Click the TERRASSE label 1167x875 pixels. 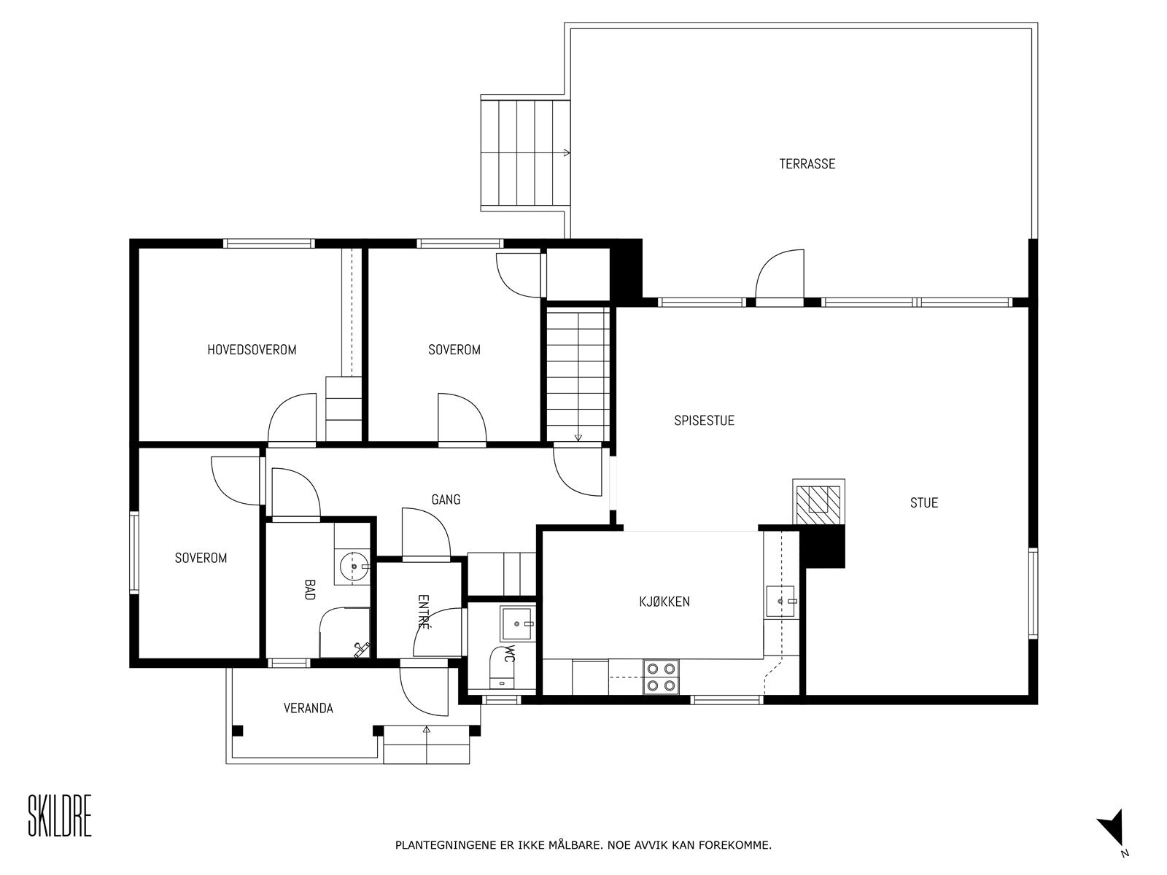(x=807, y=164)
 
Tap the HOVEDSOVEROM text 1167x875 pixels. (x=252, y=350)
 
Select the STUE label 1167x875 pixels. (x=923, y=502)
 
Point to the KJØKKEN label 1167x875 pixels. (x=664, y=602)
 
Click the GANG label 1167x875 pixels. (x=446, y=499)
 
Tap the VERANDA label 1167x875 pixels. (x=308, y=708)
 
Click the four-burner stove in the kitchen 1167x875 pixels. (x=661, y=676)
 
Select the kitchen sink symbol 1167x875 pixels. (x=782, y=601)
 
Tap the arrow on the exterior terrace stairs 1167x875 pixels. (x=566, y=153)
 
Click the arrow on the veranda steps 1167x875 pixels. (x=426, y=728)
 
